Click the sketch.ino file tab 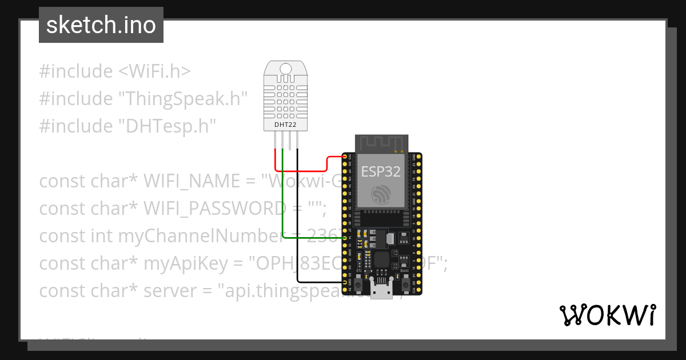point(101,25)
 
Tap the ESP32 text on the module point(380,171)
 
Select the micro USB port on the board point(381,291)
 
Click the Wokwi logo point(607,315)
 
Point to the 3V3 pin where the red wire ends point(345,156)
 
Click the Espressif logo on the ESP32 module point(380,194)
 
